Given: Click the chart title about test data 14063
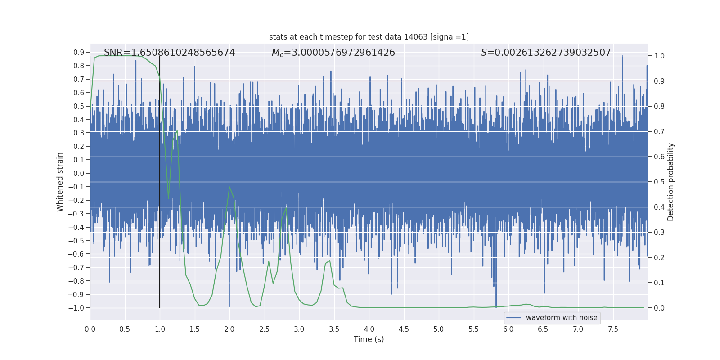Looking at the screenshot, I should click(369, 37).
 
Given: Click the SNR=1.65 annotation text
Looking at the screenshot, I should click(169, 53).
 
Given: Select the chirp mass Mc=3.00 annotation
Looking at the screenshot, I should click(333, 53).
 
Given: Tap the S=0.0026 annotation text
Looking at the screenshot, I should click(545, 53).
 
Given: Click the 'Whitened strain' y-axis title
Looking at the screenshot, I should click(60, 182).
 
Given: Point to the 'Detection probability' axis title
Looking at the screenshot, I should click(670, 182).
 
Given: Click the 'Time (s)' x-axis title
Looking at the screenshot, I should click(369, 339).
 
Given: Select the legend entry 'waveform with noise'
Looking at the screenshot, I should click(561, 318).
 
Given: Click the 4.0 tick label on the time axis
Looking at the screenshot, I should click(369, 329).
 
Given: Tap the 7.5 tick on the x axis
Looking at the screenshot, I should click(613, 329).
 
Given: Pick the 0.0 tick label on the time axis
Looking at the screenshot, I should click(90, 329).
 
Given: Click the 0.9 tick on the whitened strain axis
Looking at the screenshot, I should click(79, 53).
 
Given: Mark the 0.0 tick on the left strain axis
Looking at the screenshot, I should click(79, 174).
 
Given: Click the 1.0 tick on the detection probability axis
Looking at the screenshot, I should click(659, 56).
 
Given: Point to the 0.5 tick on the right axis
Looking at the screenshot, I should click(659, 182).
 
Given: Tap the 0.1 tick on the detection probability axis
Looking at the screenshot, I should click(659, 283).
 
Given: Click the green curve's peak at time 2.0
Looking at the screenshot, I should click(229, 187).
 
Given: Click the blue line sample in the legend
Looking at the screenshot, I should click(513, 318).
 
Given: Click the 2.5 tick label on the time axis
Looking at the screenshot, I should click(264, 329).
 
